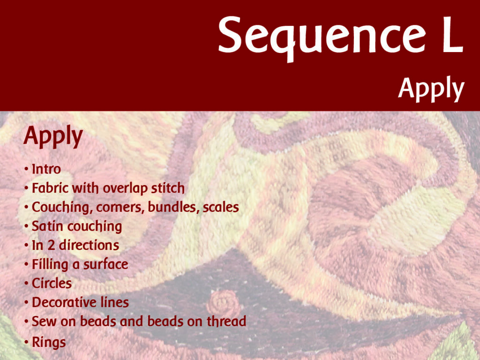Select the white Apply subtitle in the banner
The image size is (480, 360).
[431, 89]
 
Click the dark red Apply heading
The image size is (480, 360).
[53, 136]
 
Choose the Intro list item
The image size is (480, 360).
[46, 169]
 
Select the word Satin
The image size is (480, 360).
[48, 226]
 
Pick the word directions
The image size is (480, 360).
[89, 245]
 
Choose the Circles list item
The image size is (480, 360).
[52, 284]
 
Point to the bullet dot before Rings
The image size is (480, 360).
[27, 342]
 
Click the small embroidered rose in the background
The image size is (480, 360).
[224, 303]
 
